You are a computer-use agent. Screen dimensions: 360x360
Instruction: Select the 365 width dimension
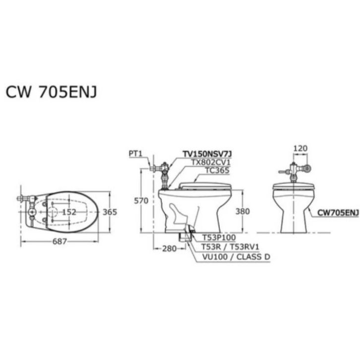pyautogui.click(x=110, y=212)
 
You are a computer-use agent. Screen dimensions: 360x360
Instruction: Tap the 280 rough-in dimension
pyautogui.click(x=169, y=249)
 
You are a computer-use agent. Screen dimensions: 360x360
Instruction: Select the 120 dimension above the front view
pyautogui.click(x=300, y=148)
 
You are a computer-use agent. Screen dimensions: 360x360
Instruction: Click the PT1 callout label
pyautogui.click(x=135, y=154)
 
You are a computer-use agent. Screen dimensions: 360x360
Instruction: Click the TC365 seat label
pyautogui.click(x=217, y=170)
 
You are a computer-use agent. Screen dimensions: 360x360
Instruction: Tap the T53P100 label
pyautogui.click(x=219, y=238)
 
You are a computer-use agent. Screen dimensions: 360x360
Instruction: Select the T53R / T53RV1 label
pyautogui.click(x=231, y=247)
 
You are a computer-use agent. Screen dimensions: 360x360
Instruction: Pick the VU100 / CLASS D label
pyautogui.click(x=236, y=257)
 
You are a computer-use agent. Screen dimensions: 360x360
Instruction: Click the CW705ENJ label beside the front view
pyautogui.click(x=337, y=213)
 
